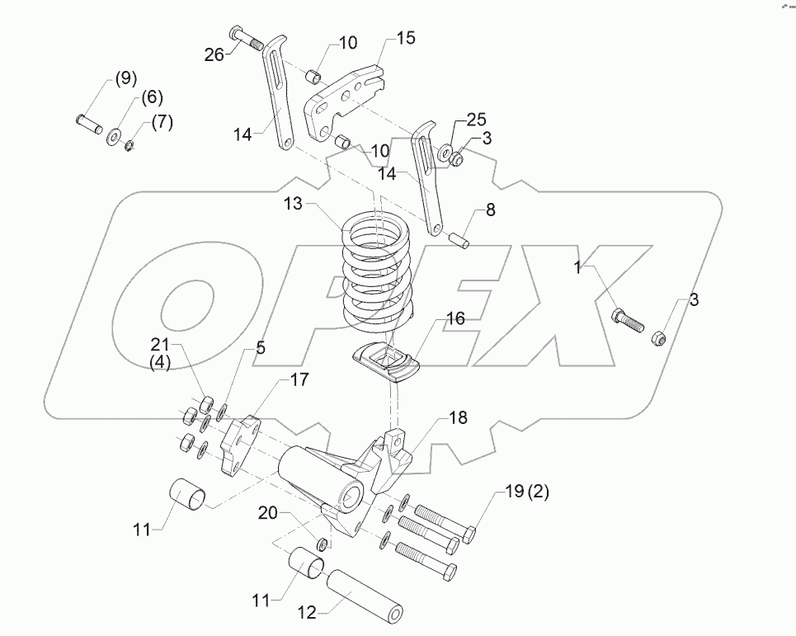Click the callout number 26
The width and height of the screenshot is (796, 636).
214,54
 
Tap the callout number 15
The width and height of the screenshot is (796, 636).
405,38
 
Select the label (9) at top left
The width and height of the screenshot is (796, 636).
125,80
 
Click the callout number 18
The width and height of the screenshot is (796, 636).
457,418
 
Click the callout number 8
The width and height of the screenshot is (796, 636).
490,210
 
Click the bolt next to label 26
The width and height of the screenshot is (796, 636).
246,39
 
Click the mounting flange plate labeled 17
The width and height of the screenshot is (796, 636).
240,445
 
